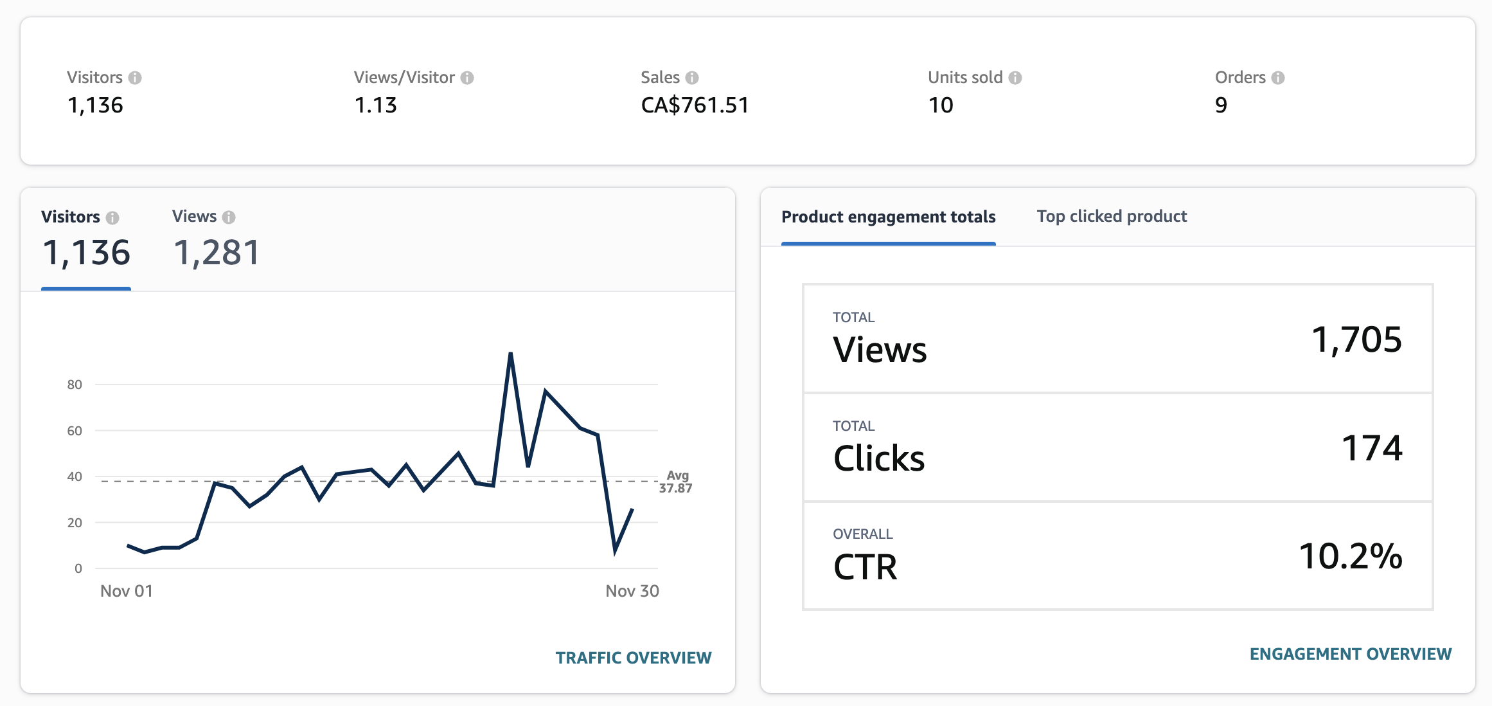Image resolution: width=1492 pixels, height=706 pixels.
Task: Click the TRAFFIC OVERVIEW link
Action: [x=633, y=657]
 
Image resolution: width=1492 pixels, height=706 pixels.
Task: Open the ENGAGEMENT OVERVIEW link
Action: [x=1350, y=653]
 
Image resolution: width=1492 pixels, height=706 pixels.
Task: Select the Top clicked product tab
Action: [x=1111, y=216]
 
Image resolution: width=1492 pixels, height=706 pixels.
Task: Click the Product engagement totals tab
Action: [x=888, y=217]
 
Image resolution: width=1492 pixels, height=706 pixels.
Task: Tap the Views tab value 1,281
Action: [x=217, y=252]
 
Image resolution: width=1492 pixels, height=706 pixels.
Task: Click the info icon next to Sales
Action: [x=692, y=78]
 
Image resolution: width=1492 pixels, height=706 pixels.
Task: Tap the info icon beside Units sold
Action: [x=1015, y=78]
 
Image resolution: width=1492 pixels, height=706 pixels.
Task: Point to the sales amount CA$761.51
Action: [x=695, y=105]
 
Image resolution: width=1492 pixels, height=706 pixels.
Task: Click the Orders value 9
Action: [x=1221, y=105]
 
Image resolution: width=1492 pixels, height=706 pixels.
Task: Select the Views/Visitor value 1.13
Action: [x=376, y=105]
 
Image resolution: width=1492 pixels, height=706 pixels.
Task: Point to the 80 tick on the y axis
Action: [x=75, y=385]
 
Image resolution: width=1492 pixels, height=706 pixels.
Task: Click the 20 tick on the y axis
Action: [x=75, y=523]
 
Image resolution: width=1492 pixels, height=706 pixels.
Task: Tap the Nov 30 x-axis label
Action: [x=632, y=591]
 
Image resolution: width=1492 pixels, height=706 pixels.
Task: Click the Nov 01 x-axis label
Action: [x=127, y=591]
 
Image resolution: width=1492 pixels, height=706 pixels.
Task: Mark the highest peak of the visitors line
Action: [x=511, y=353]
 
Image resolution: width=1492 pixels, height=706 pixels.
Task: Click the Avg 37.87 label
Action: [x=676, y=482]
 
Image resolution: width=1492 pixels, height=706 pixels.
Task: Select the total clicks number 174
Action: [x=1372, y=448]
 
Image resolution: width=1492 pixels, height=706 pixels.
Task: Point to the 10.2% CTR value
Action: [x=1351, y=556]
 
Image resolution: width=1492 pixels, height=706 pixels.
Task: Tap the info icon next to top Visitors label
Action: [x=135, y=78]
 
